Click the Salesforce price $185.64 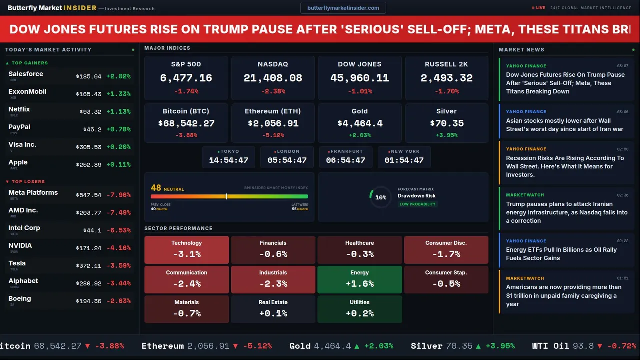pos(89,77)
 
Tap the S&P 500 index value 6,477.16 pos(186,78)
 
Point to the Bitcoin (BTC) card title pos(186,111)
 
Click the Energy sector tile pos(359,279)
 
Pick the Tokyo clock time pos(228,160)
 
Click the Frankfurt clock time pos(345,160)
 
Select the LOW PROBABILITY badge pos(417,204)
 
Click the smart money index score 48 pos(156,188)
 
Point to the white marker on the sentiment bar pos(226,197)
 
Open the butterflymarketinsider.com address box pos(343,8)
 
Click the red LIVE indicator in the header pos(539,8)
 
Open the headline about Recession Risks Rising pos(565,166)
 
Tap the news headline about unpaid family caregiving pos(564,295)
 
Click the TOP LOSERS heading pos(28,182)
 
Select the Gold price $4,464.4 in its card pos(359,123)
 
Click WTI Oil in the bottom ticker pos(550,346)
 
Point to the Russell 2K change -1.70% pos(446,91)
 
